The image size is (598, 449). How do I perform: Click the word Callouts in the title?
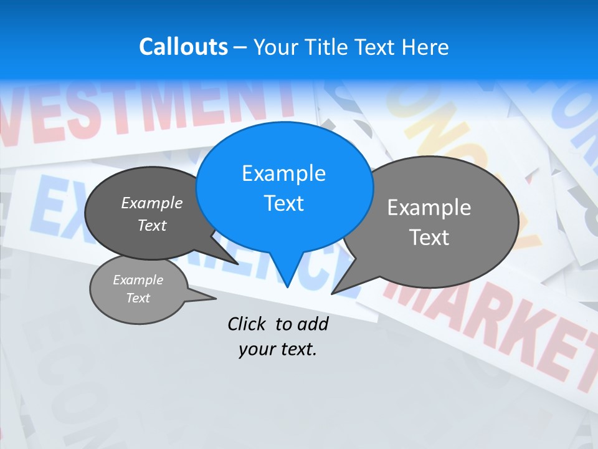pos(183,47)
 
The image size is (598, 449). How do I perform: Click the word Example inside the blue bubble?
pos(283,173)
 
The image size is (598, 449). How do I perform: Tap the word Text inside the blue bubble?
pos(283,203)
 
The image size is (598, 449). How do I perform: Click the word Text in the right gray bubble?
pos(429,238)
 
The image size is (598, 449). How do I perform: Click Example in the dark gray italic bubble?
pos(151,203)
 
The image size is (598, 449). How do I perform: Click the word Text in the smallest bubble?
pos(138,298)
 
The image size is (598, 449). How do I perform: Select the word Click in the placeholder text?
pos(246,324)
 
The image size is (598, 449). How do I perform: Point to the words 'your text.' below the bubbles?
pos(278,350)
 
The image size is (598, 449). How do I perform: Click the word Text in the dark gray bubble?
pos(151,226)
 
